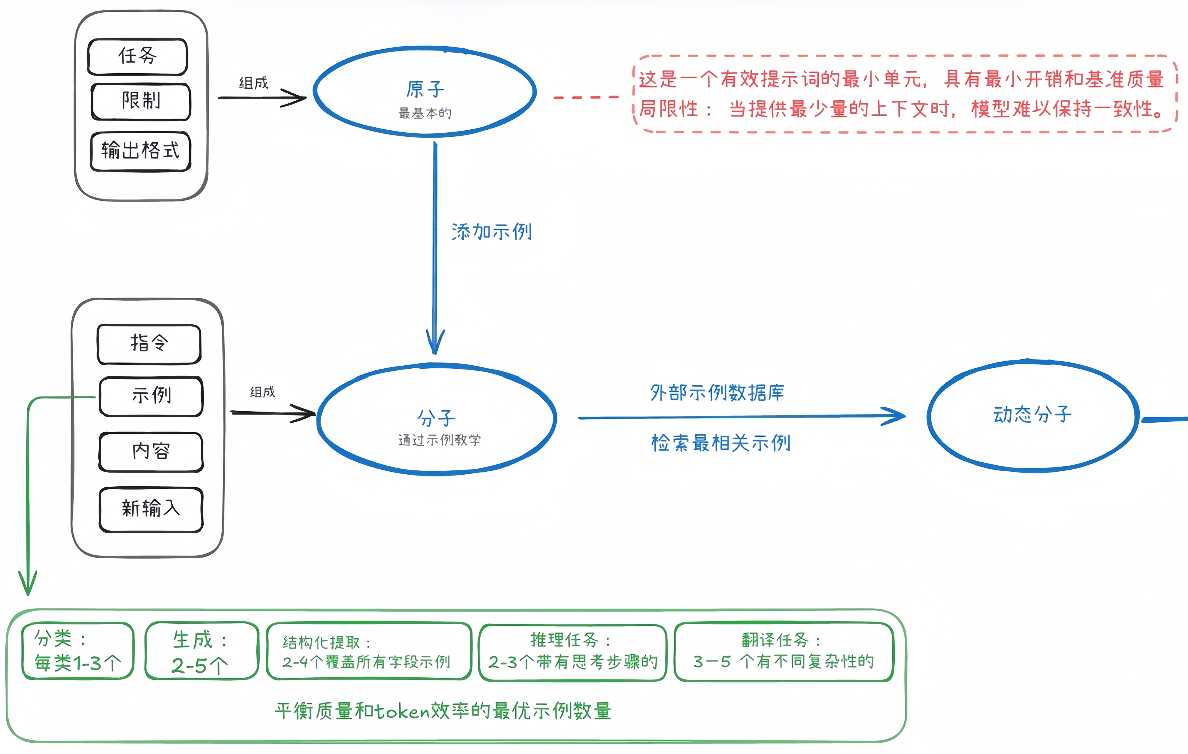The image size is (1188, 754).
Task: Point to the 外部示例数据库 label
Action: click(x=717, y=393)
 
